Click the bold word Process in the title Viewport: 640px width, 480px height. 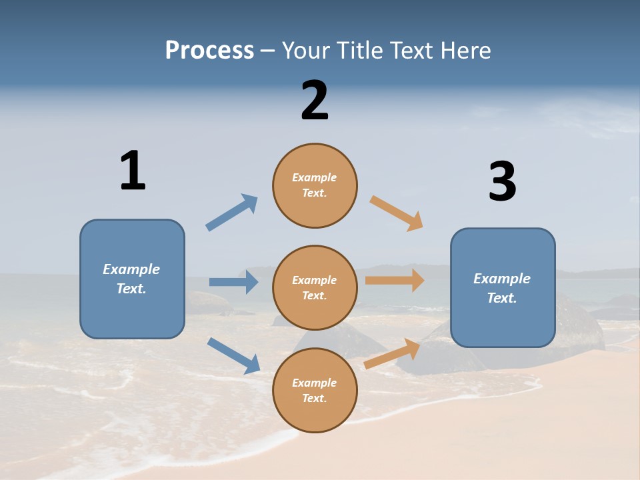(x=209, y=51)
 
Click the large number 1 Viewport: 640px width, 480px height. (x=133, y=171)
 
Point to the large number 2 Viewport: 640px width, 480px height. (x=315, y=101)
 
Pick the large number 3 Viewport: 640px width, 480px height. (x=502, y=182)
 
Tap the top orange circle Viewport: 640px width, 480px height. (x=315, y=185)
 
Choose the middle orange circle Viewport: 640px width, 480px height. (x=315, y=288)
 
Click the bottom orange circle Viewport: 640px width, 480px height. (x=315, y=391)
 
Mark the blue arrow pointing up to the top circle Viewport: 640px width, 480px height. (x=232, y=212)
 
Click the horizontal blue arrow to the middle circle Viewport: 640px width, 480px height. (x=233, y=282)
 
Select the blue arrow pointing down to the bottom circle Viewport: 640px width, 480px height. (x=233, y=355)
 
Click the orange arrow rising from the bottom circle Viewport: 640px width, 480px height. (x=392, y=354)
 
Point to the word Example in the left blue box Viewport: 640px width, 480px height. (x=131, y=269)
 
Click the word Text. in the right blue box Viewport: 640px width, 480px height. (x=502, y=298)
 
